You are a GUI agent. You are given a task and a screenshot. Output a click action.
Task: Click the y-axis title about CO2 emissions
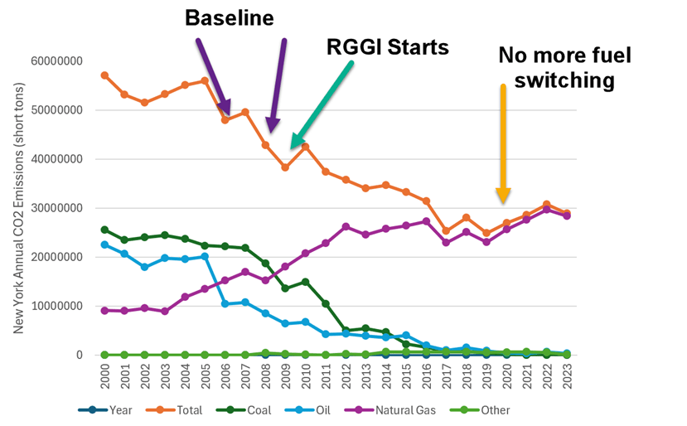point(18,207)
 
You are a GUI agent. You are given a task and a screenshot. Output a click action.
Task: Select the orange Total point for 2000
point(104,75)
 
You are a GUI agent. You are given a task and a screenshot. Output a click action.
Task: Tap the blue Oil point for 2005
point(205,257)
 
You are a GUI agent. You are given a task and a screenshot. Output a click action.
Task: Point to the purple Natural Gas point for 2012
point(346,226)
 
